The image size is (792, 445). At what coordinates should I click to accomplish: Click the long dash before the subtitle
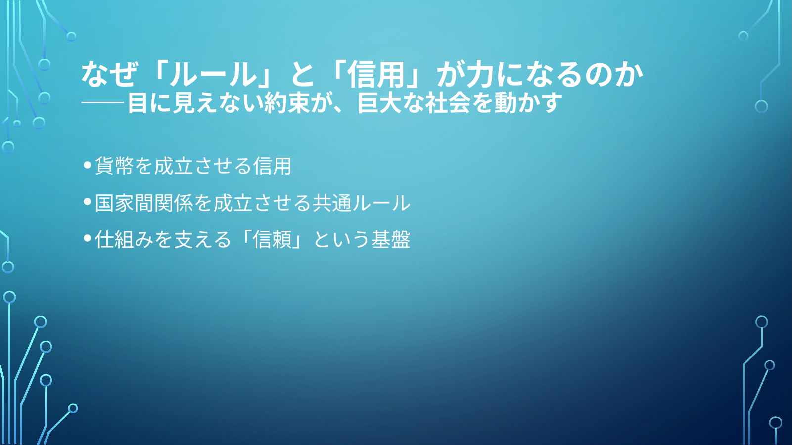(102, 103)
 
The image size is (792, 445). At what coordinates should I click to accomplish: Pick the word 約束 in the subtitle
(286, 103)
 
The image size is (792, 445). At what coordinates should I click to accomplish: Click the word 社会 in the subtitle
(448, 103)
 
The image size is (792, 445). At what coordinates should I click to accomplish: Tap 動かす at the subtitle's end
(527, 103)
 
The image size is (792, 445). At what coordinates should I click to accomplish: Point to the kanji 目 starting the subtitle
(138, 103)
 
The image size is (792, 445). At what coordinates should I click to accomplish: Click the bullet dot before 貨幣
(88, 165)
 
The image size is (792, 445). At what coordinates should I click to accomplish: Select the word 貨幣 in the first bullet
(114, 166)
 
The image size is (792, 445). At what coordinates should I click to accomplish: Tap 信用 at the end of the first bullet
(272, 166)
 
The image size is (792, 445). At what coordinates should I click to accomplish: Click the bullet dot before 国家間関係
(88, 202)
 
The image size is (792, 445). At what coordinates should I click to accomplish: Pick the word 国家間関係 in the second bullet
(143, 203)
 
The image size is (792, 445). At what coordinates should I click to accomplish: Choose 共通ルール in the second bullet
(361, 203)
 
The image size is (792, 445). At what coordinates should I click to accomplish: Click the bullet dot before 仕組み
(88, 238)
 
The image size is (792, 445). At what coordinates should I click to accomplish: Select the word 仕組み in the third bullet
(124, 239)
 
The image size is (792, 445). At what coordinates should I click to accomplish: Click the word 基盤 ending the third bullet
(391, 239)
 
